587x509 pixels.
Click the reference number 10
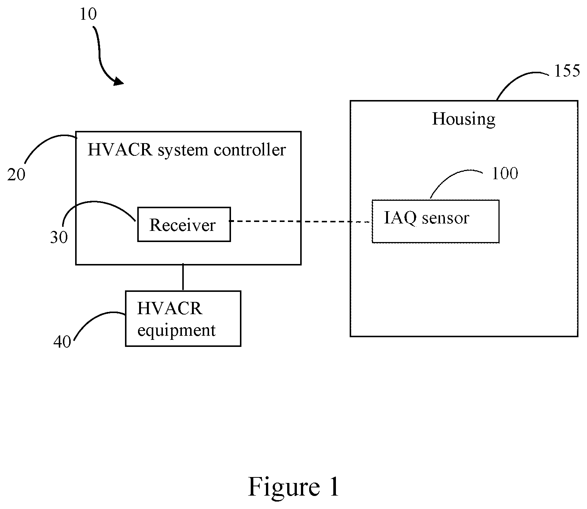click(88, 14)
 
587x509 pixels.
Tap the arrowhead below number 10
click(119, 81)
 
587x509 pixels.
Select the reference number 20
click(16, 174)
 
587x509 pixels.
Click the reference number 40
click(62, 342)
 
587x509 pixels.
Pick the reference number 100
click(505, 173)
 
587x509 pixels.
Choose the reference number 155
click(567, 71)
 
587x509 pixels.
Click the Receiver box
click(184, 224)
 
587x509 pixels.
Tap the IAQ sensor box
click(436, 221)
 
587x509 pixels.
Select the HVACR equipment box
click(183, 319)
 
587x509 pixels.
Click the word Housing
click(463, 119)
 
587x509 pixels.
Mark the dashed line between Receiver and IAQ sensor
click(301, 222)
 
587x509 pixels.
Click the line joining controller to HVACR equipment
click(183, 278)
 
